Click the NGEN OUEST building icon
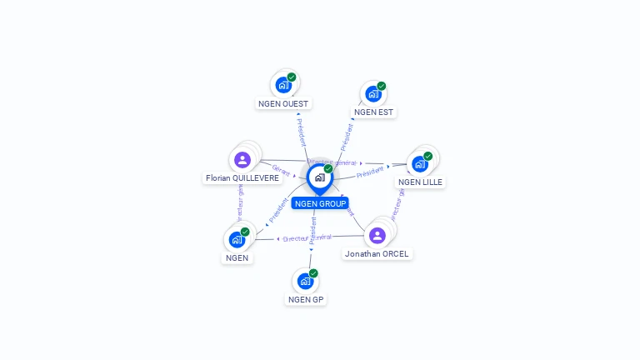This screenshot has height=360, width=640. (x=283, y=85)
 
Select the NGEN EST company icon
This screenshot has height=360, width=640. (x=372, y=93)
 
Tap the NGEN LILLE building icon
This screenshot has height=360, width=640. (x=419, y=163)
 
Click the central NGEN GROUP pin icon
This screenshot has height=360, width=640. (x=319, y=177)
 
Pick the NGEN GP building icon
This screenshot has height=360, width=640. (x=305, y=281)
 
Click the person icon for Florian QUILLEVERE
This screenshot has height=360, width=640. (x=242, y=160)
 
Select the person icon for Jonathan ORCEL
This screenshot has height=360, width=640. (x=377, y=235)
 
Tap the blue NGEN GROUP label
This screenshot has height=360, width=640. (x=320, y=203)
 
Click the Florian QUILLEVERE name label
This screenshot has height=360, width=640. (x=242, y=178)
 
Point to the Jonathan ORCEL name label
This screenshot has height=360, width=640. (x=377, y=253)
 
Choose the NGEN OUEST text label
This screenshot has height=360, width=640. (x=283, y=104)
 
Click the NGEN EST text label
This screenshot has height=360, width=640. (x=373, y=112)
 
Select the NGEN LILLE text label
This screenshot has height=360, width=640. (x=420, y=182)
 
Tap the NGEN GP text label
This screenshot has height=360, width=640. (x=306, y=299)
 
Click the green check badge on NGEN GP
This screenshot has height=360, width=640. (x=313, y=273)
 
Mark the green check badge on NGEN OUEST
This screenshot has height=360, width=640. (x=292, y=77)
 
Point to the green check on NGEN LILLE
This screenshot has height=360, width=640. (x=427, y=156)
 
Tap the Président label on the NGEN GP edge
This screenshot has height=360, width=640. (x=313, y=230)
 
